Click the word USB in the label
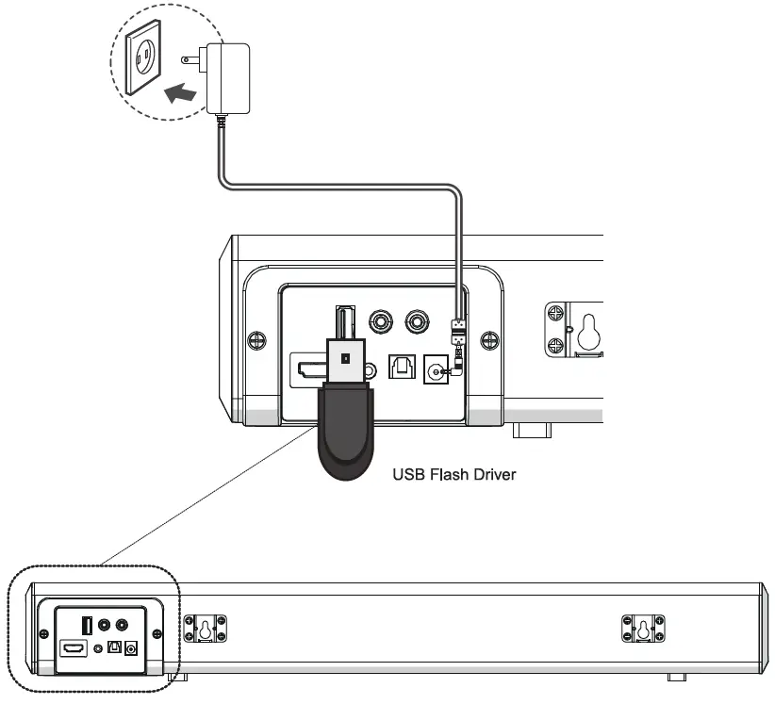[409, 474]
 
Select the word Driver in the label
[495, 474]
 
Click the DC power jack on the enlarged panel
[437, 371]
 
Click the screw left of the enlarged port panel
[254, 340]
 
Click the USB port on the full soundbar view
[87, 625]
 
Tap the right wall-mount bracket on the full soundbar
[644, 628]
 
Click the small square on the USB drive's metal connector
[346, 358]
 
